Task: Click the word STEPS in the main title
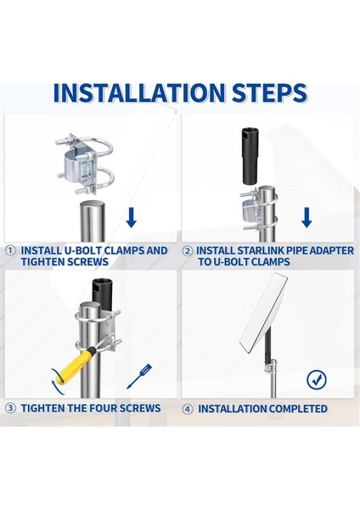tap(270, 93)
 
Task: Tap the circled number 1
tap(11, 250)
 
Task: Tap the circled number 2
tap(187, 251)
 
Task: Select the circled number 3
tap(11, 408)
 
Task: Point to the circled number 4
tap(187, 409)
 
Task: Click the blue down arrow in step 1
tap(132, 217)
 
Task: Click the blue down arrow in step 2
tap(307, 217)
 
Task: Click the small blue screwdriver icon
tap(139, 376)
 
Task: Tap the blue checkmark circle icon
tap(317, 379)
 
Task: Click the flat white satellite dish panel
tap(263, 313)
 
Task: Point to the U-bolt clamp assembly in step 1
tap(85, 164)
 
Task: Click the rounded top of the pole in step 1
tap(94, 205)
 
